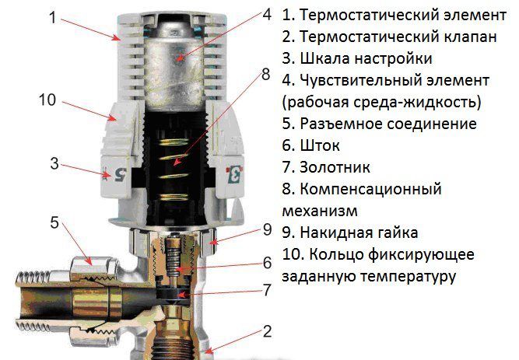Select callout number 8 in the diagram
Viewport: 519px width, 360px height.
click(265, 75)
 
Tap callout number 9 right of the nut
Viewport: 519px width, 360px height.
click(266, 230)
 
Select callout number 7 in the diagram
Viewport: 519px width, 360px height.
click(267, 292)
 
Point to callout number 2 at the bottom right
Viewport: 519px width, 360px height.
click(267, 332)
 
